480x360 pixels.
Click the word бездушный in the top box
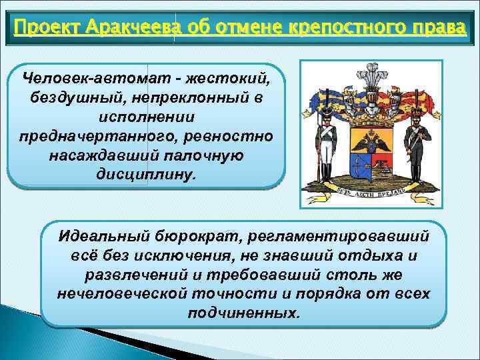tap(76, 97)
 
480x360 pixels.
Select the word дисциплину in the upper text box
tap(146, 175)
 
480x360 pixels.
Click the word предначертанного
tap(93, 136)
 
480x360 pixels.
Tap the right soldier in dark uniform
tap(417, 150)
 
